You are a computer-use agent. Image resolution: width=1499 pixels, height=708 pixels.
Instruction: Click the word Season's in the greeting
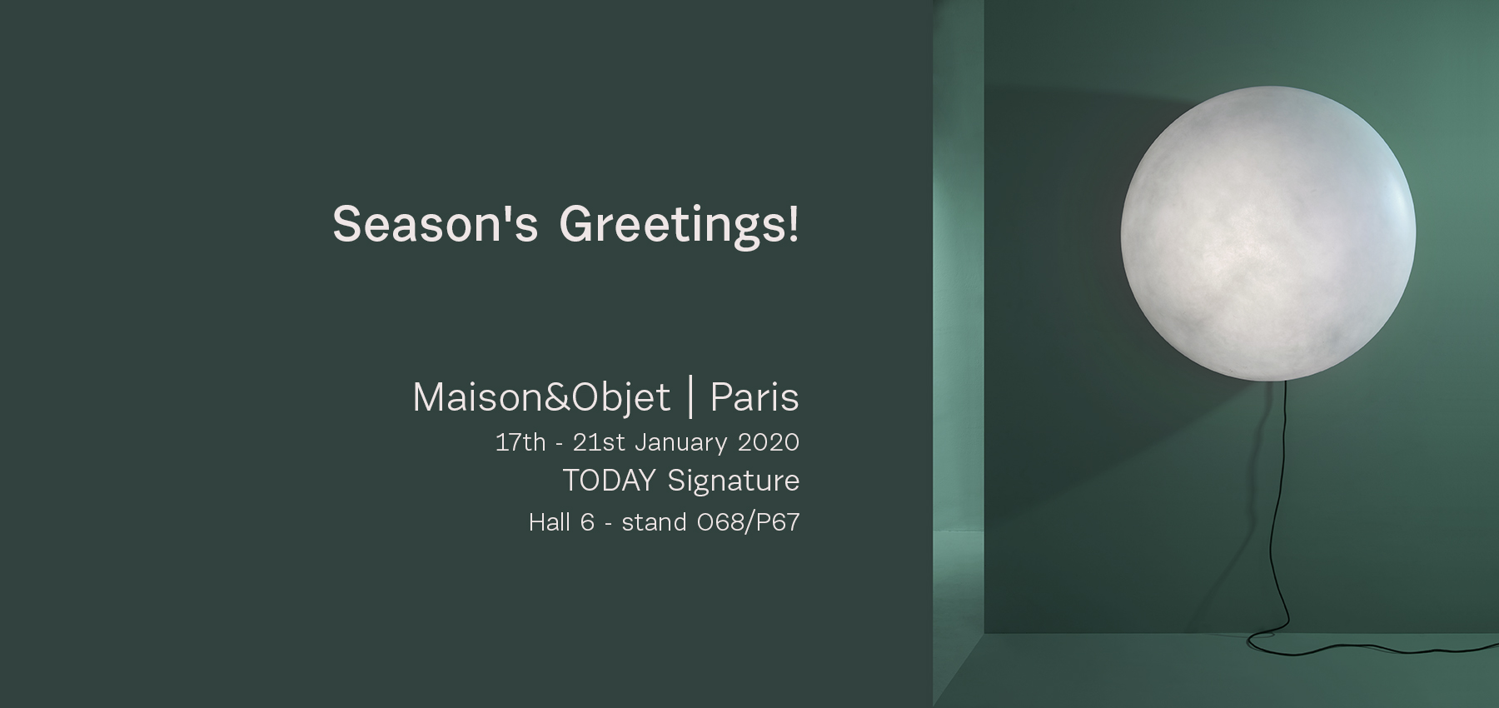[436, 224]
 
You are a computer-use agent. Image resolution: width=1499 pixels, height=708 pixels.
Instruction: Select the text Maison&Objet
[541, 397]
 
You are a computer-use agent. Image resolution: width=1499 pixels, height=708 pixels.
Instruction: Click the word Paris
[754, 397]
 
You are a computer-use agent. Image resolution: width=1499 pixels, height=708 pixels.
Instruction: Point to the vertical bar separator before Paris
[690, 397]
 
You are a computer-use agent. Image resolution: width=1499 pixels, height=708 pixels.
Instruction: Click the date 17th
[520, 441]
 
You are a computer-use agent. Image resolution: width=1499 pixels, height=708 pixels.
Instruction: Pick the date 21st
[599, 441]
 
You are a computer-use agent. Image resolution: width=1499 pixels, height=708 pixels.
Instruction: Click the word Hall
[550, 522]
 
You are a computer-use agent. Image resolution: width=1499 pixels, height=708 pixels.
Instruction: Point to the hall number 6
[587, 522]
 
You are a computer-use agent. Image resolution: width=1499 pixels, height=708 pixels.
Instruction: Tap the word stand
[654, 522]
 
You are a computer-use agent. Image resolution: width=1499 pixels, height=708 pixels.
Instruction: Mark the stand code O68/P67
[748, 522]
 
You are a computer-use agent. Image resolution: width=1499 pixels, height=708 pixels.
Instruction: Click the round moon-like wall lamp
[1267, 233]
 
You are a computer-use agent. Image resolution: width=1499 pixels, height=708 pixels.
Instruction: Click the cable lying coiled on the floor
[1366, 643]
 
